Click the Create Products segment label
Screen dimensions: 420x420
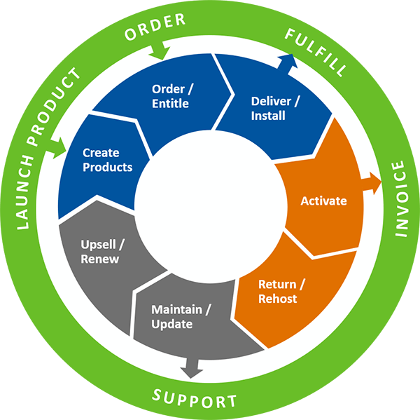coord(107,159)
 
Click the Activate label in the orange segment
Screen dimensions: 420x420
coord(323,201)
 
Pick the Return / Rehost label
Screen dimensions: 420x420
coord(278,291)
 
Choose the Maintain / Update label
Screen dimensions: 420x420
coord(181,317)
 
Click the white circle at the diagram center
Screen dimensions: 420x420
coord(210,210)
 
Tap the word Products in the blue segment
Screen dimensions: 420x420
coord(107,167)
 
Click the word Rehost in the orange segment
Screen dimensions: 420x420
coord(278,299)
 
